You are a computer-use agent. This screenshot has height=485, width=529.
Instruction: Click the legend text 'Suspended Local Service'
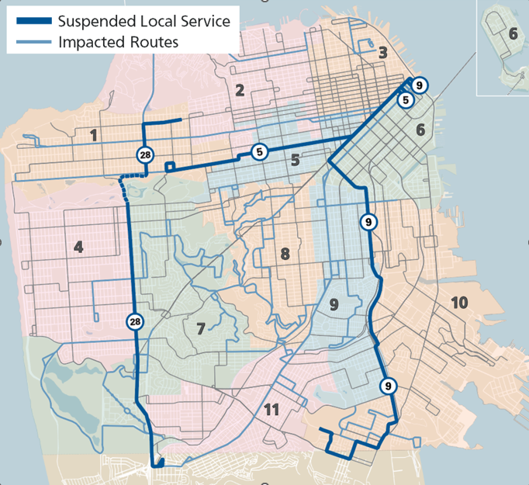tap(144, 20)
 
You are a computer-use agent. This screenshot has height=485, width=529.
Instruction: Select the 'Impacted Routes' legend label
tap(118, 42)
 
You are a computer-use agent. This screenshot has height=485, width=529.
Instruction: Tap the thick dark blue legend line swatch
tap(33, 21)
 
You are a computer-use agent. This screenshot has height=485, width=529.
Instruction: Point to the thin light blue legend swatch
tap(33, 42)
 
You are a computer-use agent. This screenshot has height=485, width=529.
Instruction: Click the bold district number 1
tap(94, 136)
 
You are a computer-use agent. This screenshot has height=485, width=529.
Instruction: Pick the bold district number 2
tap(240, 90)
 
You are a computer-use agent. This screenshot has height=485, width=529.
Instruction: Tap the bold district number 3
tap(382, 53)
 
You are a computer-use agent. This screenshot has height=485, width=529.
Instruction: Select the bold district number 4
tap(78, 248)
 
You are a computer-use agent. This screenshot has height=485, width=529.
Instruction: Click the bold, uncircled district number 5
tap(295, 161)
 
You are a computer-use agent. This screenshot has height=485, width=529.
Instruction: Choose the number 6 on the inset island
tap(513, 33)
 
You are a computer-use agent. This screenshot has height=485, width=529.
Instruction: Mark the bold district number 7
tap(200, 329)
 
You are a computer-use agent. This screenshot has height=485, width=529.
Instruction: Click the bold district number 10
tap(459, 302)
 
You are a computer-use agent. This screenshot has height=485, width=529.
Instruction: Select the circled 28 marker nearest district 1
tap(145, 155)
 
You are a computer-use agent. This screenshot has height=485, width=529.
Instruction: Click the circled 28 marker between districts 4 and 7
tap(136, 321)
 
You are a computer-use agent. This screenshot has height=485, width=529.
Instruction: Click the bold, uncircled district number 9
tap(334, 303)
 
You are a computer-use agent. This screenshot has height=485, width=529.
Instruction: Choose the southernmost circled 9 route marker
tap(387, 385)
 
